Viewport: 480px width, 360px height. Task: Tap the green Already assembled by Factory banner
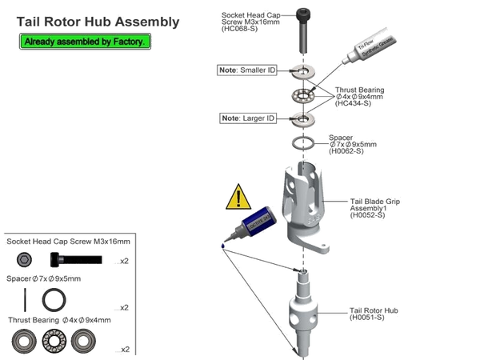(x=84, y=41)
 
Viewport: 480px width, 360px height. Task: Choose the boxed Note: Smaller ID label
(x=247, y=71)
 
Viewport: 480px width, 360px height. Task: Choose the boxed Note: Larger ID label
(x=248, y=118)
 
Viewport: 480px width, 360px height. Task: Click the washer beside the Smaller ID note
(x=305, y=72)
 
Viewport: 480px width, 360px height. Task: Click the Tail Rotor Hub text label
(x=374, y=312)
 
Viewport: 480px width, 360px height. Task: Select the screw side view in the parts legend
(x=76, y=259)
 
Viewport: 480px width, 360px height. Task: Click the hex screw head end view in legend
(x=25, y=259)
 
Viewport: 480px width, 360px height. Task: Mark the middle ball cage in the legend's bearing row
(x=54, y=340)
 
